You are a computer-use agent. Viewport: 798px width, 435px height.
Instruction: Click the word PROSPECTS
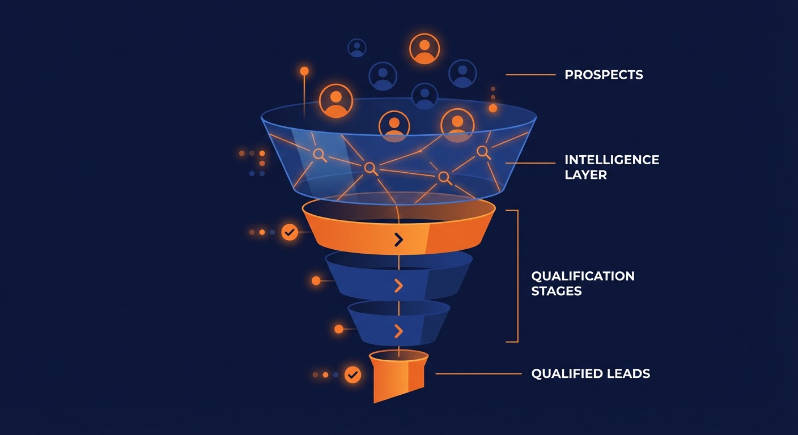pos(604,75)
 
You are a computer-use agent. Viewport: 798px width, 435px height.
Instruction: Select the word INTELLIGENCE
pos(612,160)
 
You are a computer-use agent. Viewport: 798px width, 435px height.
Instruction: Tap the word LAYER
pos(585,174)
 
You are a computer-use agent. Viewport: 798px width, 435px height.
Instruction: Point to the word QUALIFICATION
pos(583,276)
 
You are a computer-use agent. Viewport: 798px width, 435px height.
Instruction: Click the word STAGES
pos(556,291)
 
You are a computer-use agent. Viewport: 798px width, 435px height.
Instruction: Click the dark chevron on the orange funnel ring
pos(398,240)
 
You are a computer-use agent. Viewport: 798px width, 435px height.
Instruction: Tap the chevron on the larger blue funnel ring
pos(398,286)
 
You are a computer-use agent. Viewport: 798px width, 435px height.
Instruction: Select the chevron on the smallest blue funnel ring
pos(398,331)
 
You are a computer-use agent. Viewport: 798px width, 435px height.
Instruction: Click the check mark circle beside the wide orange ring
pos(290,232)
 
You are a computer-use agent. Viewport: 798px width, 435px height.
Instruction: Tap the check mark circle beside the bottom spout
pos(353,374)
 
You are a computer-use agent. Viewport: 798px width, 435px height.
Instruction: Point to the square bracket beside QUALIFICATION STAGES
pos(516,276)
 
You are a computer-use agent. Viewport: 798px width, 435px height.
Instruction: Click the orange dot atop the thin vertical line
pos(304,71)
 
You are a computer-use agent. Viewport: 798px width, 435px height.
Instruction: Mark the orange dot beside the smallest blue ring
pos(338,329)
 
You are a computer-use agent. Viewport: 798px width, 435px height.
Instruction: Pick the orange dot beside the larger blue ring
pos(316,280)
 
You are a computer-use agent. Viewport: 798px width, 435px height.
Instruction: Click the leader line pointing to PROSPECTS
pos(530,75)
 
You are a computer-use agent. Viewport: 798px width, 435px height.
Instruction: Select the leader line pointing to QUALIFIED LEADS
pos(478,374)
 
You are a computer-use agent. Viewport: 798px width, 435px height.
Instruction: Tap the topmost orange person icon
pos(424,49)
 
